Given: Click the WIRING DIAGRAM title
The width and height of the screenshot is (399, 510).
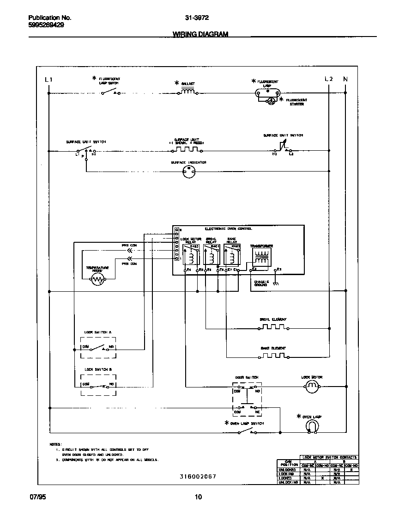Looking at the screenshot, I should [200, 34].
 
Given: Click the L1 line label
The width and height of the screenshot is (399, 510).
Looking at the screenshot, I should [48, 80].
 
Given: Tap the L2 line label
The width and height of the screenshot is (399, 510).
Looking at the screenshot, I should [328, 79].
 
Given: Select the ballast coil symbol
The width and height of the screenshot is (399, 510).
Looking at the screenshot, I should [188, 92].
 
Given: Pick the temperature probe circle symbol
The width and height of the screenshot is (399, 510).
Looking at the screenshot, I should [97, 279].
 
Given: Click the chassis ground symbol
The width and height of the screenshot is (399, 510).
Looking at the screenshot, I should [276, 283].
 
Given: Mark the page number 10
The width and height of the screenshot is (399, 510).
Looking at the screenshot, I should [198, 497].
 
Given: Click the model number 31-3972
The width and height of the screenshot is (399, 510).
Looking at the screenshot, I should [197, 17].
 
